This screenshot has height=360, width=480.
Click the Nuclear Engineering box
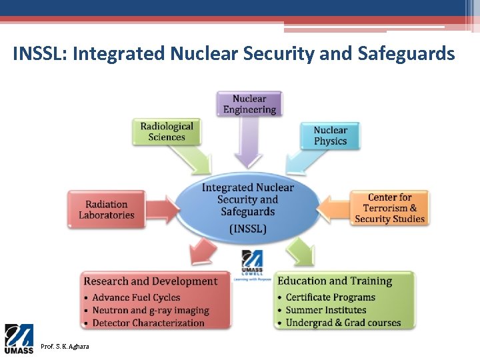[x=249, y=104]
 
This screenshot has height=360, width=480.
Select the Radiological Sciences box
[x=167, y=131]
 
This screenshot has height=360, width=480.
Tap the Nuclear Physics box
[x=330, y=135]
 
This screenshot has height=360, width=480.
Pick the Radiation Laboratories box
[x=106, y=209]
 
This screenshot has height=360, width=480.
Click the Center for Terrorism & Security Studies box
[x=389, y=208]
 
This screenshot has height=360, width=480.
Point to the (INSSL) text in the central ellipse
[x=247, y=228]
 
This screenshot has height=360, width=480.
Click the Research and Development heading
[x=151, y=281]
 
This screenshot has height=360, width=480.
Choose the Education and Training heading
[x=335, y=281]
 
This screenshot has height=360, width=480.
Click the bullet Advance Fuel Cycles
[x=136, y=297]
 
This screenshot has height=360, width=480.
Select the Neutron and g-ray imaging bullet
[x=150, y=310]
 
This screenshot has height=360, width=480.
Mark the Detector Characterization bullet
[x=148, y=323]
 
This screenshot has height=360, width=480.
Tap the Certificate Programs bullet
[x=330, y=297]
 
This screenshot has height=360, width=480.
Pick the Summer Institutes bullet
[x=326, y=310]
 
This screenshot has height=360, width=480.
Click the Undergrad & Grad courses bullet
[x=343, y=323]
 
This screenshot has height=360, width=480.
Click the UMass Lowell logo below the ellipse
[x=251, y=263]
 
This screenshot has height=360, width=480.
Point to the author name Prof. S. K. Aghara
[x=65, y=347]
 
